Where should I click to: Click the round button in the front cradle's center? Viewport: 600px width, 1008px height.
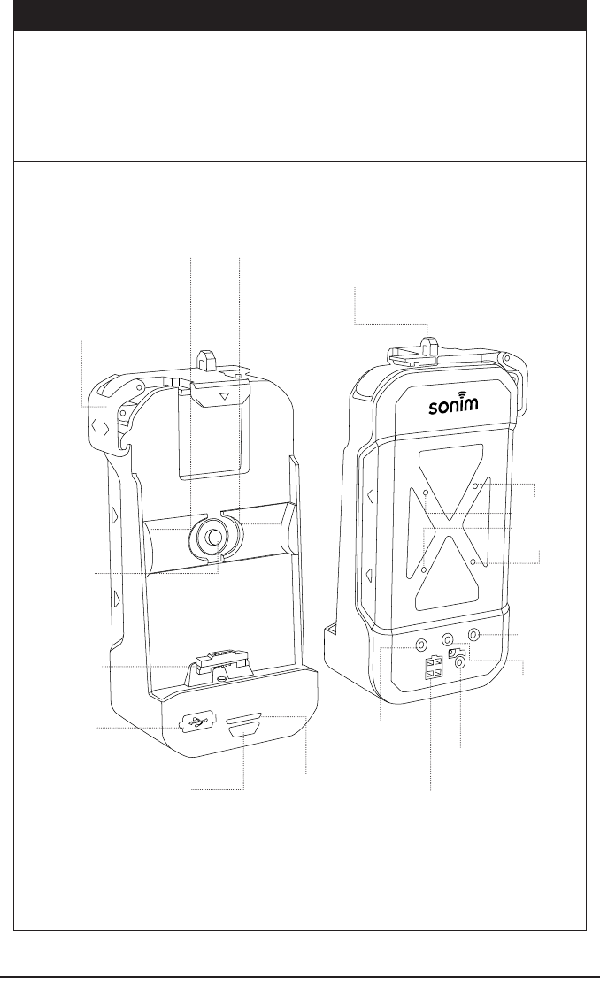pos(213,535)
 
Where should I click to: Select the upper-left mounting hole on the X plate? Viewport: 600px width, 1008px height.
pos(427,492)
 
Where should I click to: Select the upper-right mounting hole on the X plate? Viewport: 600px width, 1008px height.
pos(475,486)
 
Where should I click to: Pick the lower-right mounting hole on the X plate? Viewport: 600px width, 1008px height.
pos(475,561)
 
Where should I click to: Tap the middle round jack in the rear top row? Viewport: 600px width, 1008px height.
pos(448,638)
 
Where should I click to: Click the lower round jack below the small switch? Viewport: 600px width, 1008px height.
pos(459,671)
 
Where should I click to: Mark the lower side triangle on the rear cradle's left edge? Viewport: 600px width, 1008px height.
pos(369,575)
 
